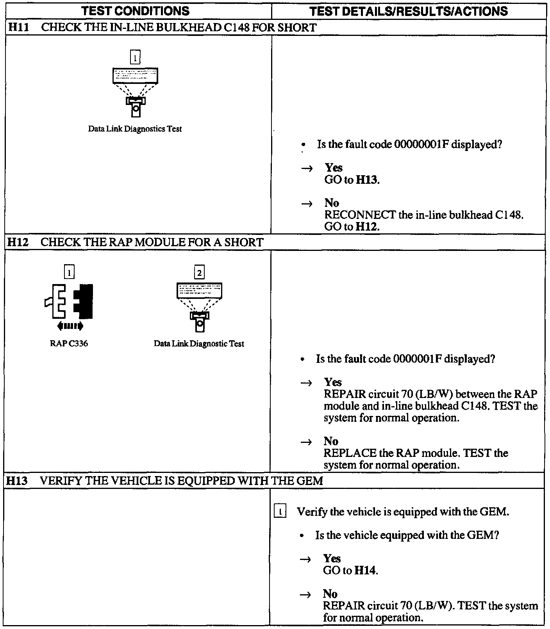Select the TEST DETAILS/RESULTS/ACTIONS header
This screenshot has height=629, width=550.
pyautogui.click(x=408, y=11)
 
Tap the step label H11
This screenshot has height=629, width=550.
pyautogui.click(x=18, y=28)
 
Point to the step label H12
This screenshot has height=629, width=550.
pyautogui.click(x=18, y=242)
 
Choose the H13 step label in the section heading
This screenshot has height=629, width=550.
pyautogui.click(x=18, y=481)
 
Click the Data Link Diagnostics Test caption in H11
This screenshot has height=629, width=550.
pyautogui.click(x=135, y=129)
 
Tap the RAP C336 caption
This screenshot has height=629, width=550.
pyautogui.click(x=69, y=344)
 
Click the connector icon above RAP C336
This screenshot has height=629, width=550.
pyautogui.click(x=69, y=302)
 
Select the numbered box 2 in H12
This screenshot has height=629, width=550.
pyautogui.click(x=199, y=272)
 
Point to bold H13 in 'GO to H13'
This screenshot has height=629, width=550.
pyautogui.click(x=367, y=180)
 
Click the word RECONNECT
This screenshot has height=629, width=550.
pyautogui.click(x=360, y=215)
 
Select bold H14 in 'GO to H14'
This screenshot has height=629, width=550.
pyautogui.click(x=365, y=570)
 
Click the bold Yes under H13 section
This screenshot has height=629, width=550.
pyautogui.click(x=332, y=558)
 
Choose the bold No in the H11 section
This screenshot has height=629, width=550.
pyautogui.click(x=332, y=203)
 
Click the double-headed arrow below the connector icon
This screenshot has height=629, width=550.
pyautogui.click(x=70, y=325)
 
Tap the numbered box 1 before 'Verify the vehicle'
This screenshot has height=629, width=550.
pyautogui.click(x=280, y=512)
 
